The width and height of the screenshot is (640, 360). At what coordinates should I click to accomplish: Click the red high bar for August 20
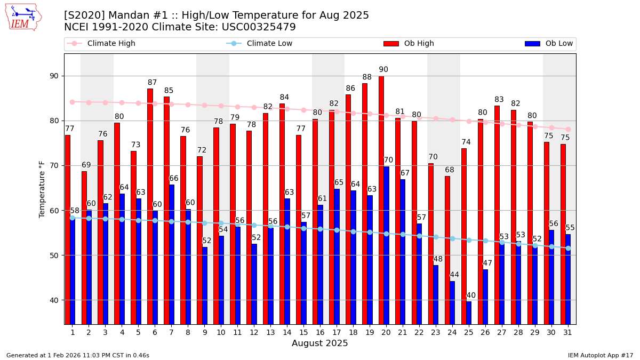click(381, 200)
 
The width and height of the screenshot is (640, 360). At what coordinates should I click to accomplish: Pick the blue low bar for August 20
click(386, 245)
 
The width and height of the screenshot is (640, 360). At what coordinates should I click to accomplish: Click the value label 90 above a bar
click(383, 70)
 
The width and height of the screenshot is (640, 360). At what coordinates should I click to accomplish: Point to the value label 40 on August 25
click(471, 295)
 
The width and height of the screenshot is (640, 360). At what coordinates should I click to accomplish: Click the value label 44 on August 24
click(454, 275)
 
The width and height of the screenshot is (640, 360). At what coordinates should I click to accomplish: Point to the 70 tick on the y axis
click(54, 165)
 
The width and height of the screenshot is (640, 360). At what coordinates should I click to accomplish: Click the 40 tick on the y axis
click(54, 300)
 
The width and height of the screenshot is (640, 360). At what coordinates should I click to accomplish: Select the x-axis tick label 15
click(303, 332)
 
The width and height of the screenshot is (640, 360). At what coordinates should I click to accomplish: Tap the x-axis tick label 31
click(567, 332)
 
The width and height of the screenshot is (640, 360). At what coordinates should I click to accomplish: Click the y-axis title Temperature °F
click(42, 189)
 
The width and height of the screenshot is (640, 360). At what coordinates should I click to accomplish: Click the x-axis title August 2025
click(319, 343)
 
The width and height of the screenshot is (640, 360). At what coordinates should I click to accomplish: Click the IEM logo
click(23, 17)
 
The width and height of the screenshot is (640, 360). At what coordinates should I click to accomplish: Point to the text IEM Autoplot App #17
click(601, 355)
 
